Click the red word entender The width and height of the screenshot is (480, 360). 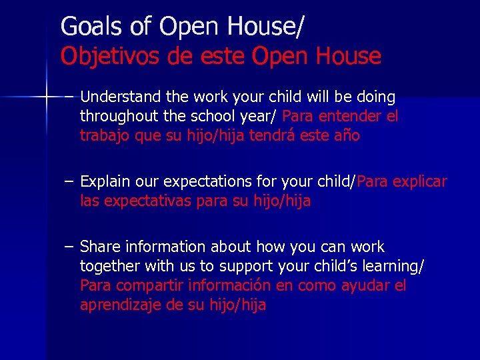point(350,116)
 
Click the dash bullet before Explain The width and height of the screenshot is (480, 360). point(69,181)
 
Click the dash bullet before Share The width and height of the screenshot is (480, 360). point(69,247)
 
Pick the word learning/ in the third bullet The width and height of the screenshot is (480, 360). point(393,267)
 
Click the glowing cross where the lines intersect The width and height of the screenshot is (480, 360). point(46,97)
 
